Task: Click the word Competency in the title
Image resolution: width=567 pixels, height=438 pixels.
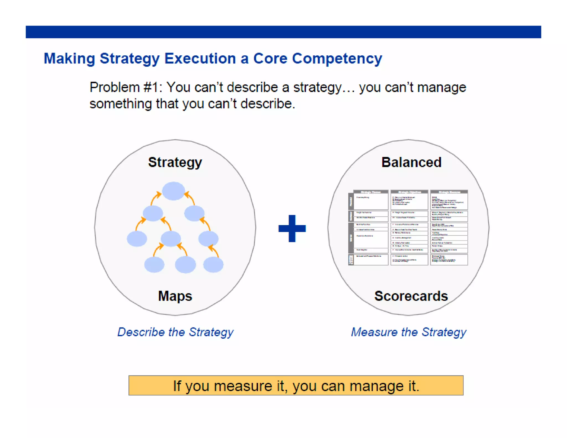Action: [x=337, y=59]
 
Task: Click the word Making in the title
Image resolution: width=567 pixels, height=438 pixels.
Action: [x=69, y=59]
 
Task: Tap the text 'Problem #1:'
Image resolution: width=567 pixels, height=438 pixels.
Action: [x=126, y=87]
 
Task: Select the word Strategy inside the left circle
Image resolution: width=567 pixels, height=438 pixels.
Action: [x=175, y=163]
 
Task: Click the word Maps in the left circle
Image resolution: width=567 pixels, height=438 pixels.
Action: [x=175, y=296]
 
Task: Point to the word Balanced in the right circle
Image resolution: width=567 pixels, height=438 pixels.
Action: [x=411, y=163]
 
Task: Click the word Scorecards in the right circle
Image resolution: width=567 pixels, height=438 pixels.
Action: [x=411, y=296]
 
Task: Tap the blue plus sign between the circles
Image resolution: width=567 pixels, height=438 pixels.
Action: [x=292, y=228]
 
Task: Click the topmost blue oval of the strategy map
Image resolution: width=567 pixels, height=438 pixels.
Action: [x=174, y=191]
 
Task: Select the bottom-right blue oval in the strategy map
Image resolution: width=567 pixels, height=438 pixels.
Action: [x=213, y=264]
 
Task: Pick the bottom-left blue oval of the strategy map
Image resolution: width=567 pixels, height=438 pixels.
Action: [x=154, y=264]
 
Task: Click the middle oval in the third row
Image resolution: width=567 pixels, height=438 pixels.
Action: [x=171, y=239]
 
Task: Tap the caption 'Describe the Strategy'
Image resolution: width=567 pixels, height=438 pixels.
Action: [x=176, y=332]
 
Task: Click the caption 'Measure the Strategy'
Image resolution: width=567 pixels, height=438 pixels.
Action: [x=409, y=332]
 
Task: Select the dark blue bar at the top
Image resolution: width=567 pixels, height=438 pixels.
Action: [x=283, y=32]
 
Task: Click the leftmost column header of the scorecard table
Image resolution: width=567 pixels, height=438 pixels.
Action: [x=371, y=192]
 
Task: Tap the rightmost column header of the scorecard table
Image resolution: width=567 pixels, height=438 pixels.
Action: [x=449, y=192]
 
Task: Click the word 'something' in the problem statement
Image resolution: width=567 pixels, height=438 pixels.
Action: [x=120, y=104]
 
